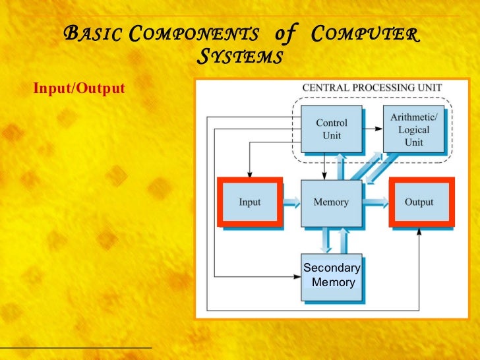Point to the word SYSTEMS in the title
(x=240, y=57)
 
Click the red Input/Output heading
(x=79, y=88)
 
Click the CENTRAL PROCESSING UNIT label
(x=372, y=87)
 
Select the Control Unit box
(x=332, y=129)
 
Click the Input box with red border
(x=250, y=202)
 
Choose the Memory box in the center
(x=331, y=202)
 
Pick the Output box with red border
(x=419, y=202)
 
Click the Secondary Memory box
(x=331, y=276)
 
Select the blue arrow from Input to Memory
(x=291, y=202)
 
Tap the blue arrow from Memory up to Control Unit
(x=340, y=165)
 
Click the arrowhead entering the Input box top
(x=250, y=173)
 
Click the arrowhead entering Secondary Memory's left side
(x=297, y=276)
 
